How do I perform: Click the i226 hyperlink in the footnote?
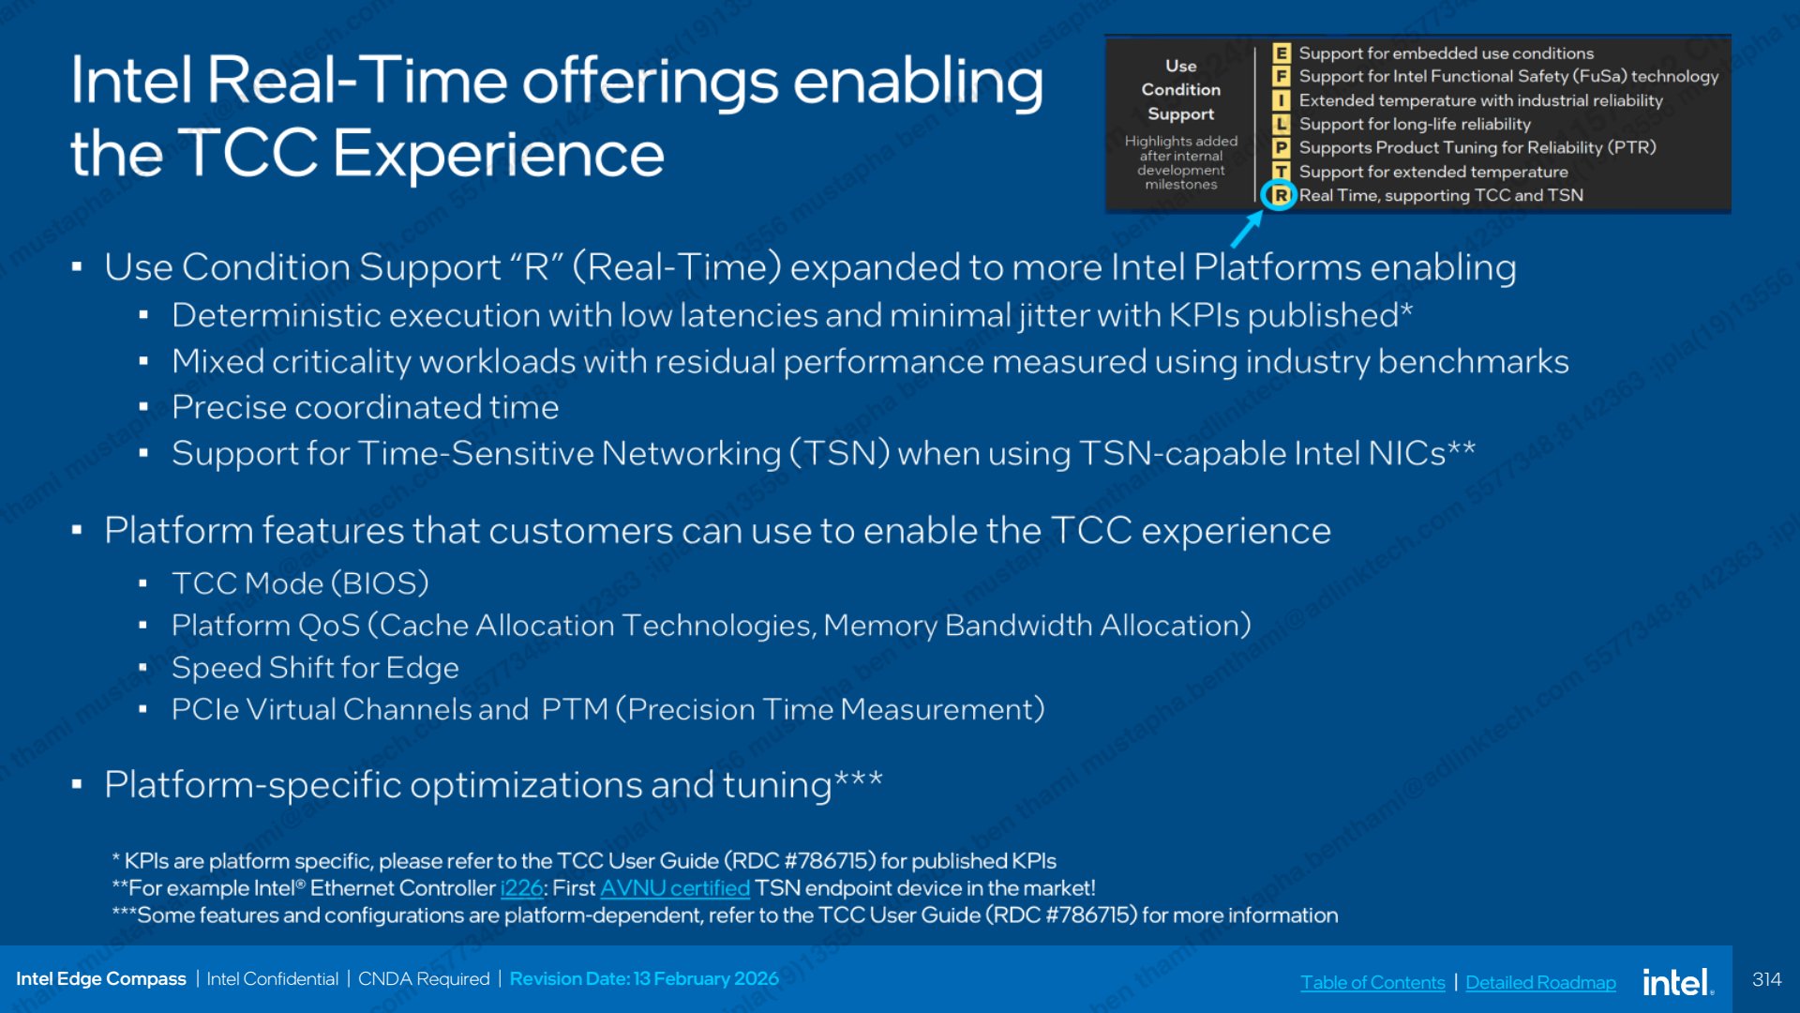521,887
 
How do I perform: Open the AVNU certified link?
675,887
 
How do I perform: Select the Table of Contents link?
1372,982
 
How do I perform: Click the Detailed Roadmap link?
1540,982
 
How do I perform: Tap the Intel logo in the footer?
1678,981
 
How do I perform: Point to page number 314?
1766,979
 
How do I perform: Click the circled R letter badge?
1280,195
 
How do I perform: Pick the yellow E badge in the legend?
1281,53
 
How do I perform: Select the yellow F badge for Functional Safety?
1281,76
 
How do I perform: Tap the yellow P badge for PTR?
1281,147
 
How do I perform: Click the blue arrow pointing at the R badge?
1247,229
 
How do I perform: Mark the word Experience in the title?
499,153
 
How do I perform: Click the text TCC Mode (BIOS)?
300,583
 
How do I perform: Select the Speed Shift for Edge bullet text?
315,667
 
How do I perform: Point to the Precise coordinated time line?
365,407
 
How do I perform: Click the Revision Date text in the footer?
644,978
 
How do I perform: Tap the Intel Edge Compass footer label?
101,978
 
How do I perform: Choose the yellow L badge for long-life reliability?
1281,124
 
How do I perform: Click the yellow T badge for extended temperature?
1281,171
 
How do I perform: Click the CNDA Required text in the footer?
424,978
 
